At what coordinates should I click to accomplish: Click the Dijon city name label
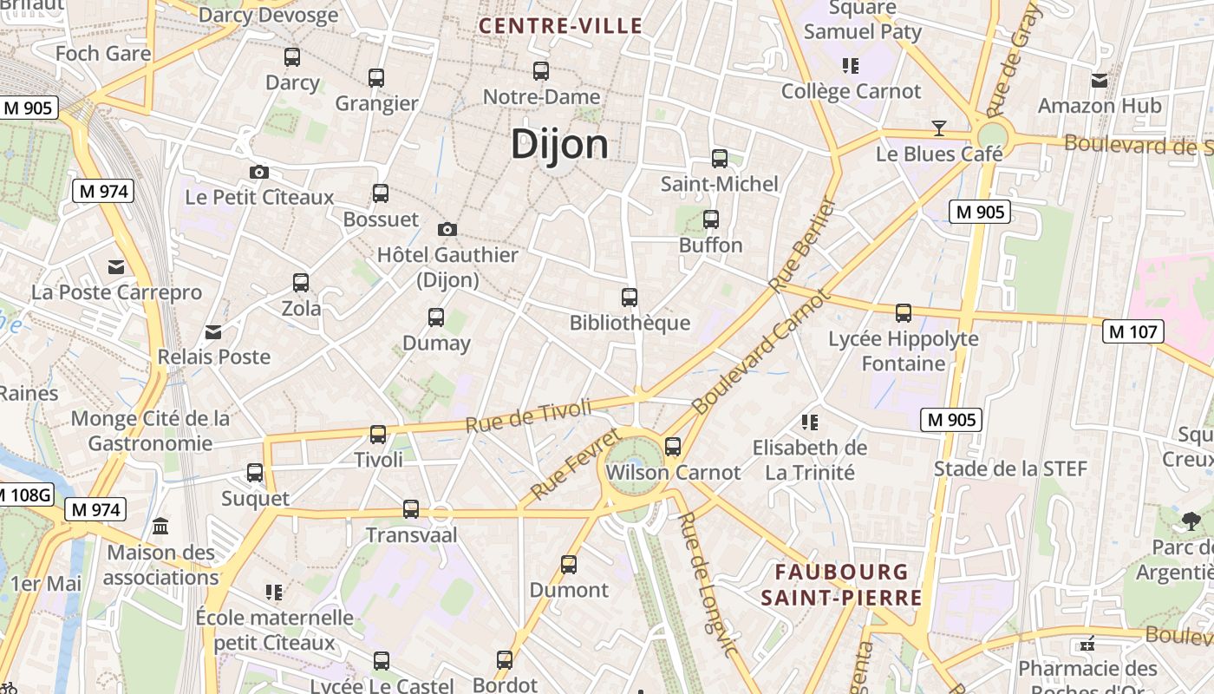coord(559,144)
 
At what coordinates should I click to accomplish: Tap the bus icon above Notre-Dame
coord(541,71)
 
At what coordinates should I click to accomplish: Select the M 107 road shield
coord(1133,331)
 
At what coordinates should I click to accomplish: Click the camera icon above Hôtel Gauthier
coord(447,229)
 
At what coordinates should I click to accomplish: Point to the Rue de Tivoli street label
coord(528,416)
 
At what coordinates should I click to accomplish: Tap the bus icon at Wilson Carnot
coord(673,447)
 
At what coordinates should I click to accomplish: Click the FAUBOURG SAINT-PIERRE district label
coord(841,585)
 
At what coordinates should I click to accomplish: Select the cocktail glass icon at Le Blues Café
coord(938,128)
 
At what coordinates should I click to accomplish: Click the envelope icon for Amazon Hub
coord(1100,81)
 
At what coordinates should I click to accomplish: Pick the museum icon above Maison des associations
coord(160,526)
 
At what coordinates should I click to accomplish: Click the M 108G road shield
coord(24,495)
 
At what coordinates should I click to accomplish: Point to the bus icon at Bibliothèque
coord(630,298)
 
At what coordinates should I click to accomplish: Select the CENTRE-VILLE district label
coord(561,26)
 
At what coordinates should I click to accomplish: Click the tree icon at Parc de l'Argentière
coord(1191,520)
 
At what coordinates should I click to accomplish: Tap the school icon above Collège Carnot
coord(850,65)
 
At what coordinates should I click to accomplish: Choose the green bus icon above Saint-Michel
coord(719,158)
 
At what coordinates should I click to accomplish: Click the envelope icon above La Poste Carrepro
coord(115,266)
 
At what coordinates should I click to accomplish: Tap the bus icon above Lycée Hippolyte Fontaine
coord(904,312)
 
